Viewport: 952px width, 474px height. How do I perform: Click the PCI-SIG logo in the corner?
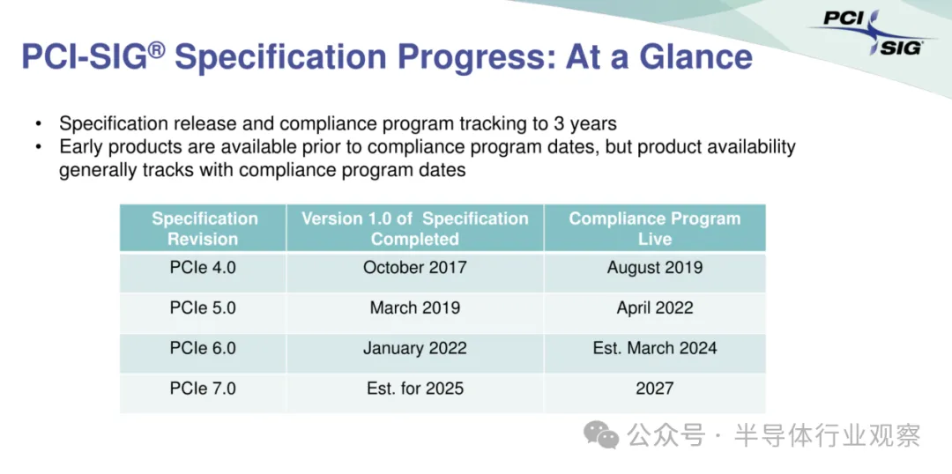pyautogui.click(x=873, y=33)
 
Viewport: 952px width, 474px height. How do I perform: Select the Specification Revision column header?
pyautogui.click(x=205, y=228)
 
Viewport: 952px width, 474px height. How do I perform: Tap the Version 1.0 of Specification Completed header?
pyautogui.click(x=414, y=228)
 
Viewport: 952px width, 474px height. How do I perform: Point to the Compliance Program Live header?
pyautogui.click(x=654, y=228)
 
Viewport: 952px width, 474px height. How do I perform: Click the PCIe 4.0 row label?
pyautogui.click(x=203, y=267)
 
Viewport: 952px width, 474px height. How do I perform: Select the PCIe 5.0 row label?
pyautogui.click(x=203, y=307)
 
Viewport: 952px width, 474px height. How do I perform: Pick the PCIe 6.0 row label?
pyautogui.click(x=203, y=348)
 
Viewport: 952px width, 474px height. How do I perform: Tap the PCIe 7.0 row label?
pyautogui.click(x=203, y=388)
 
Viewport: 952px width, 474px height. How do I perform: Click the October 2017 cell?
pyautogui.click(x=414, y=267)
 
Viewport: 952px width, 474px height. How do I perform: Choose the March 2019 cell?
pyautogui.click(x=414, y=307)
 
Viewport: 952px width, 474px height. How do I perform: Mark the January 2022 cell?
pyautogui.click(x=414, y=348)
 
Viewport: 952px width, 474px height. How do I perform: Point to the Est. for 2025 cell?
pyautogui.click(x=414, y=388)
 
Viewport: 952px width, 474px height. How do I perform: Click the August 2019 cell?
pyautogui.click(x=654, y=267)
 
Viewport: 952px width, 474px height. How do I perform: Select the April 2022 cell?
pyautogui.click(x=654, y=307)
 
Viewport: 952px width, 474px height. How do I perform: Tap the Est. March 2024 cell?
pyautogui.click(x=654, y=348)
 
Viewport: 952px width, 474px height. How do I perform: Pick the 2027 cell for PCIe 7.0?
pyautogui.click(x=654, y=388)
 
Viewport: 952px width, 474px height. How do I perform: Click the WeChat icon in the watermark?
pyautogui.click(x=601, y=435)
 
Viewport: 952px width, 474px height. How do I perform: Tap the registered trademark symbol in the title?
pyautogui.click(x=156, y=49)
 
